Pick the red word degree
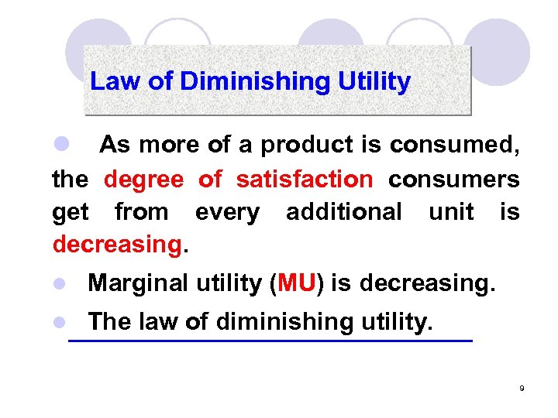click(143, 180)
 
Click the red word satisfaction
click(304, 180)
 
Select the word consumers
click(453, 180)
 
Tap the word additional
click(343, 211)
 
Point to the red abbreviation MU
click(294, 283)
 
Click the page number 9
click(522, 388)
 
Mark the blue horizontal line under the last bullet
click(270, 341)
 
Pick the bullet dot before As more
click(60, 145)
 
